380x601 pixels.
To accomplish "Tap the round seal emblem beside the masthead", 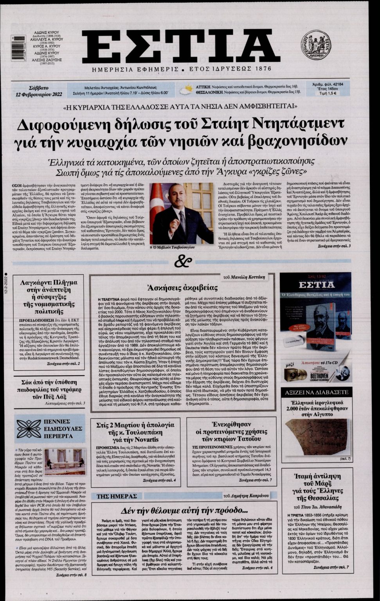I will click(x=315, y=45).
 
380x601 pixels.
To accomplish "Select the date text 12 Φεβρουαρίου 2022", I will click(x=39, y=94).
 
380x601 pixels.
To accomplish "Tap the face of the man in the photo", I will click(x=175, y=195).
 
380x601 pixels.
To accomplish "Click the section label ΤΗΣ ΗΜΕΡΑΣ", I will click(x=114, y=496).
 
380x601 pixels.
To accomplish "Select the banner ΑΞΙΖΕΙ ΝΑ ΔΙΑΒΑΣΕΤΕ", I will click(x=316, y=392).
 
